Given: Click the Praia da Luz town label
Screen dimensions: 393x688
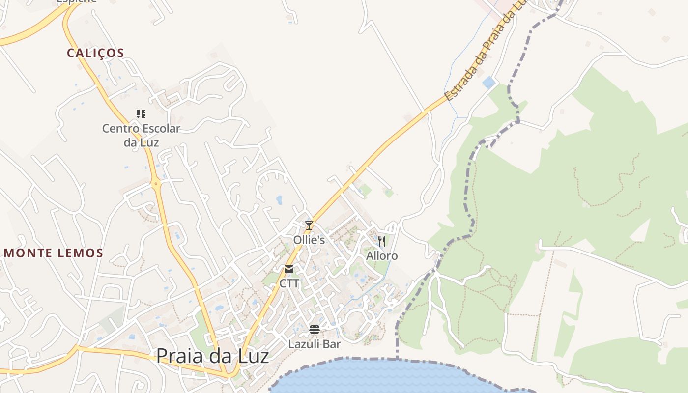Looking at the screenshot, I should click(212, 356).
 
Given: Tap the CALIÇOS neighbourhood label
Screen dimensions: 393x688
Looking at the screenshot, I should click(96, 53).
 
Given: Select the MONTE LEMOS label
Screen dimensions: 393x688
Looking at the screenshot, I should click(54, 253).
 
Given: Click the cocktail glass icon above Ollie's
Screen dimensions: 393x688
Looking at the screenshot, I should click(309, 225).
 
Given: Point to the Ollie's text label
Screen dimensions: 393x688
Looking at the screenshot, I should click(309, 240).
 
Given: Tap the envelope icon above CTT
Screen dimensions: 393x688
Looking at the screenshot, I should click(289, 269).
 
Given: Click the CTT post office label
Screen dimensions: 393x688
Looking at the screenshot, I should click(289, 284).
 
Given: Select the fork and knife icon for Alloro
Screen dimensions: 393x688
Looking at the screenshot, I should click(382, 241).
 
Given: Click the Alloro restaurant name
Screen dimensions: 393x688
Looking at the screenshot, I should click(382, 256).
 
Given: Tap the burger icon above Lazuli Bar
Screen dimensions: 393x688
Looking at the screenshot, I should click(315, 329).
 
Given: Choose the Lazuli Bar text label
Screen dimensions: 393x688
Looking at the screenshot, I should click(315, 344).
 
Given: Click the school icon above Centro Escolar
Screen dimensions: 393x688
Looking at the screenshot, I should click(141, 114).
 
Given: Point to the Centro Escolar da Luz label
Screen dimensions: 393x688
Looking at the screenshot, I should click(141, 136).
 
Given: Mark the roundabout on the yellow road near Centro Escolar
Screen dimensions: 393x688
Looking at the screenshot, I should click(156, 184).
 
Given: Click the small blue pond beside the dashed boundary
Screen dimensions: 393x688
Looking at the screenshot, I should click(488, 82).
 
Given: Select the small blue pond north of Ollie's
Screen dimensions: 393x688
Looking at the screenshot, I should click(279, 199).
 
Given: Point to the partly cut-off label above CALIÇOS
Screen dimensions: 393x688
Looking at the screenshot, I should click(76, 1).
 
